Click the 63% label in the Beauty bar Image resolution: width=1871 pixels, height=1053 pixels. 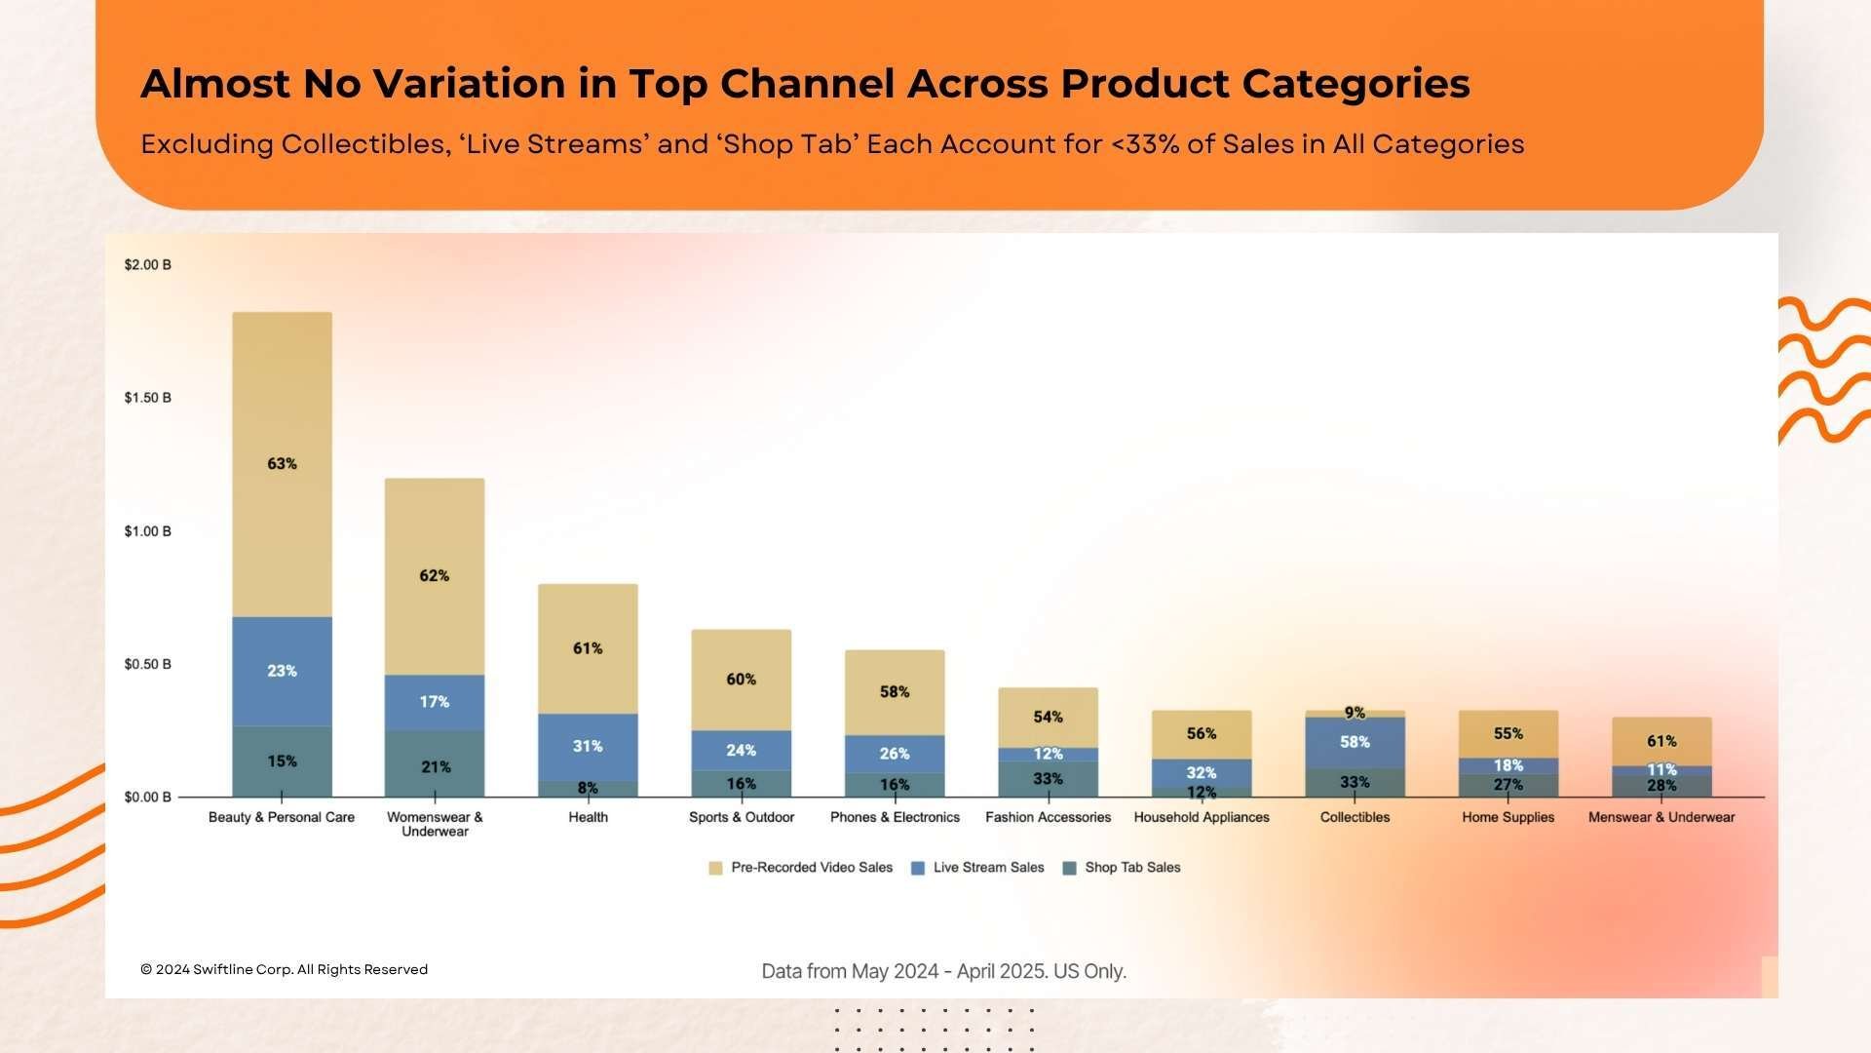tap(282, 464)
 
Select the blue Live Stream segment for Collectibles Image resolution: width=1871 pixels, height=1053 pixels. tap(1355, 743)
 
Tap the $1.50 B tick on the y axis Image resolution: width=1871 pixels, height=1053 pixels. tap(147, 398)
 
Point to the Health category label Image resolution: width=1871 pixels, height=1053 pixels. tap(588, 817)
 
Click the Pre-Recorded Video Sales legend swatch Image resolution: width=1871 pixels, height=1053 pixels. tap(715, 868)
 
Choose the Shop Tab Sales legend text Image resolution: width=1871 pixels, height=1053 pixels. tap(1132, 868)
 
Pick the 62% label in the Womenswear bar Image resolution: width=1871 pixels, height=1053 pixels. tap(435, 576)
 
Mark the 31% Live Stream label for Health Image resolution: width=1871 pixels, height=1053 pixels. tap(588, 747)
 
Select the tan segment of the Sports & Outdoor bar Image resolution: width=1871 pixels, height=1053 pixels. tap(741, 680)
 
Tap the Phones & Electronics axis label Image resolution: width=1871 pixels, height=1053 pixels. tap(895, 817)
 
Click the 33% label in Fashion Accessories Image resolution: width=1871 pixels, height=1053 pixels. tap(1048, 779)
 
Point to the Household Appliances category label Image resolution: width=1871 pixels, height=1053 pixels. tap(1202, 817)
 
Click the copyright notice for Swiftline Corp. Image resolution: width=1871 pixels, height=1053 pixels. tap(284, 969)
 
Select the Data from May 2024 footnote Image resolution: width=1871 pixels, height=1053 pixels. tap(943, 971)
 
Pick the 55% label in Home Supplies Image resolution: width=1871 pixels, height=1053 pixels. tap(1508, 734)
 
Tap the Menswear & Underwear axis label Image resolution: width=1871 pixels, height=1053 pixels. tap(1661, 817)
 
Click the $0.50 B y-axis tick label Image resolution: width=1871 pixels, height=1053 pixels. tap(147, 664)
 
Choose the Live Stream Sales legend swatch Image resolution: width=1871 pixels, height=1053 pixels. tap(917, 868)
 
